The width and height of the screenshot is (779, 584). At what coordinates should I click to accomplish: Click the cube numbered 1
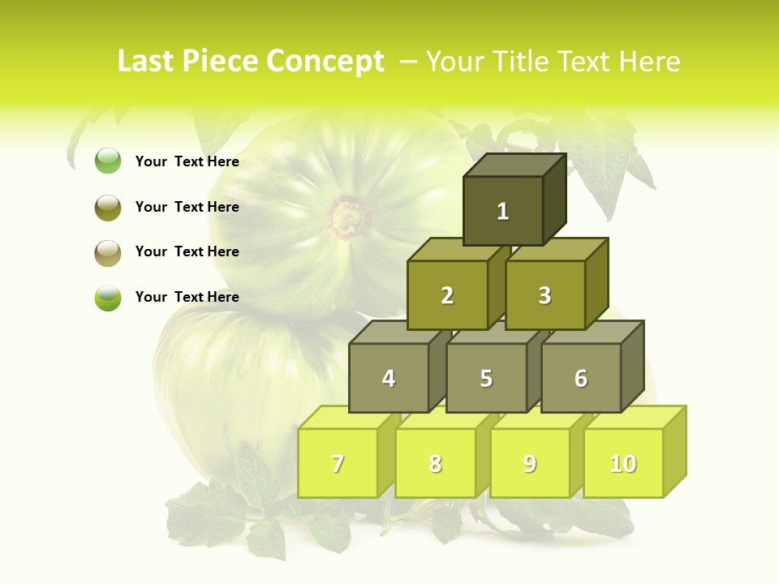[503, 211]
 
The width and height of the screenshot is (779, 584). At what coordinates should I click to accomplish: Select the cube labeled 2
[447, 295]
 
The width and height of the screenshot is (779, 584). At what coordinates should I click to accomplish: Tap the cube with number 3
[544, 295]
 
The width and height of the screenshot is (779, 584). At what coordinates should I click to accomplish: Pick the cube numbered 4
[389, 378]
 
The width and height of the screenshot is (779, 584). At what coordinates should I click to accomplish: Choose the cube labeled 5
[486, 378]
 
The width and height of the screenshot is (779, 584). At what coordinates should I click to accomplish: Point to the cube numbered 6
[581, 378]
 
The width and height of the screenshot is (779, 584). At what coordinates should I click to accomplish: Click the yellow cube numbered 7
[338, 463]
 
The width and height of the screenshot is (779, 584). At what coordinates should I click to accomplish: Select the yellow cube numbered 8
[435, 463]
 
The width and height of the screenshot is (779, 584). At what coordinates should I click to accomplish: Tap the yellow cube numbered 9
[530, 463]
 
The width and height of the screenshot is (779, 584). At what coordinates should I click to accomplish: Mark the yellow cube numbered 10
[623, 463]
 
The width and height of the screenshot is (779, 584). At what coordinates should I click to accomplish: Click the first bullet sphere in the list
[108, 161]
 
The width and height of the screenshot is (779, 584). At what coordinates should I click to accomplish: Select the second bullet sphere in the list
[108, 207]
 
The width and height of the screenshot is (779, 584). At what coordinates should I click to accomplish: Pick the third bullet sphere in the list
[108, 252]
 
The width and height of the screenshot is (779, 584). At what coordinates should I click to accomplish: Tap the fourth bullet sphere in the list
[108, 297]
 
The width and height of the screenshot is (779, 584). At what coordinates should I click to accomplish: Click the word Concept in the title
[325, 62]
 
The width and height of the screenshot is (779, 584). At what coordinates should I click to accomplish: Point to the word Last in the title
[146, 62]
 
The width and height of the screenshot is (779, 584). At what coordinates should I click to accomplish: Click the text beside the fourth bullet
[187, 297]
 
